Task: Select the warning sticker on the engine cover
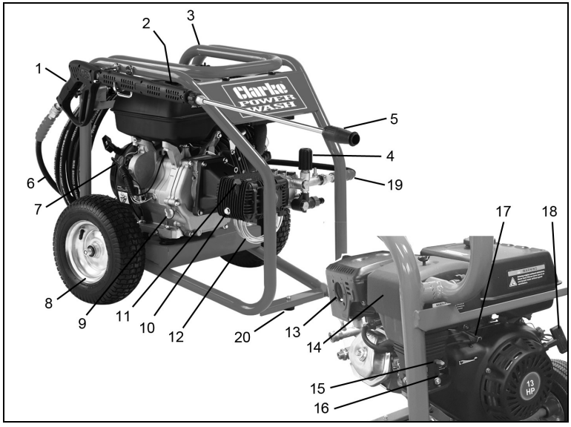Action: tap(524, 278)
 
